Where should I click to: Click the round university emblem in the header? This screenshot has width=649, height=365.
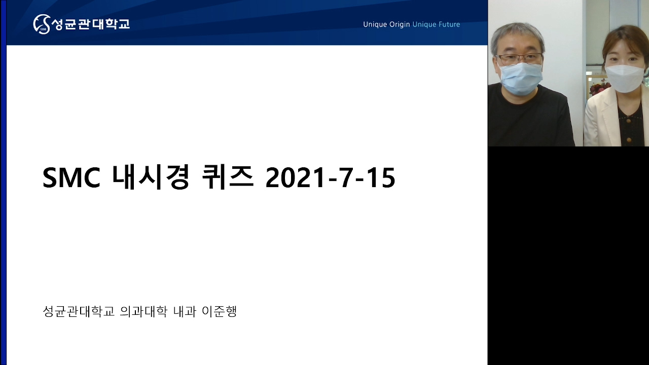pyautogui.click(x=42, y=24)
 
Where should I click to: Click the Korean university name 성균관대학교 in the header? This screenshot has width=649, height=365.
pyautogui.click(x=91, y=24)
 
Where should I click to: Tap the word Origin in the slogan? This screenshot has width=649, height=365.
pyautogui.click(x=399, y=25)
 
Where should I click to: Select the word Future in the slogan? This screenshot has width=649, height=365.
pyautogui.click(x=449, y=24)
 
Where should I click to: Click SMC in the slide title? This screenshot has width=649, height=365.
pyautogui.click(x=71, y=178)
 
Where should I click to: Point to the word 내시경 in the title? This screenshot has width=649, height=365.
pyautogui.click(x=151, y=177)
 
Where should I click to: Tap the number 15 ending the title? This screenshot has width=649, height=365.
pyautogui.click(x=381, y=178)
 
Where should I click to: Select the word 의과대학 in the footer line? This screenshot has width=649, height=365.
pyautogui.click(x=143, y=311)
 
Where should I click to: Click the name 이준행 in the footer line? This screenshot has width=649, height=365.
pyautogui.click(x=220, y=311)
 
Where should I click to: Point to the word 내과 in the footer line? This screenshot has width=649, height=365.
pyautogui.click(x=185, y=311)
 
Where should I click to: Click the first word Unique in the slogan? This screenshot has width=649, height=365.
pyautogui.click(x=375, y=25)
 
